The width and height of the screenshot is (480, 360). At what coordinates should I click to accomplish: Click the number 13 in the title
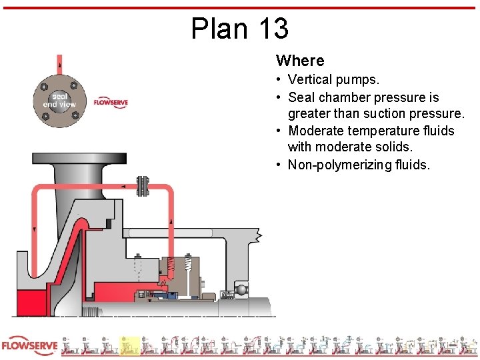point(271,29)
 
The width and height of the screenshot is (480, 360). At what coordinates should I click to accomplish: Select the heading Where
point(299,61)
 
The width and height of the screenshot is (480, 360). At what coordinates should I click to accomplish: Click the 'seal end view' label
point(59,100)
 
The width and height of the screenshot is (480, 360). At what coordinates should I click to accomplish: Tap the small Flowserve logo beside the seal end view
point(110,103)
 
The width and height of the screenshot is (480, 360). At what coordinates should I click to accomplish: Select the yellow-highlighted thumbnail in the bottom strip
point(129,346)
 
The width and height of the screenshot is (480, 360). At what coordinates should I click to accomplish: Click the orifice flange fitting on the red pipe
point(141,186)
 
